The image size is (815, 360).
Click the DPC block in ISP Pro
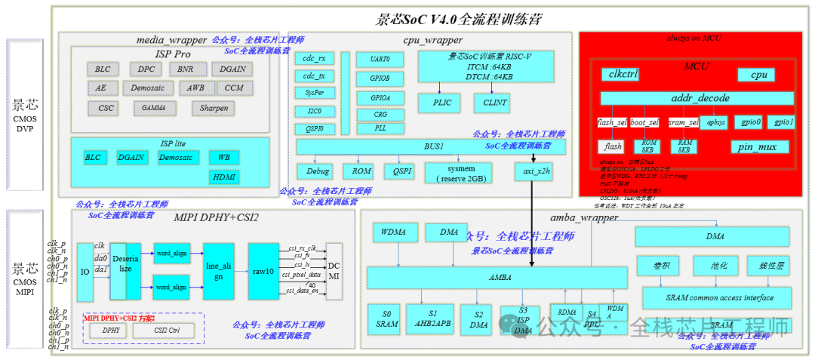tap(146, 69)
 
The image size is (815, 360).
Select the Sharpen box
tap(214, 108)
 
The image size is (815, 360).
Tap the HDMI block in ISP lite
tap(224, 177)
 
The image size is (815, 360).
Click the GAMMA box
tap(149, 108)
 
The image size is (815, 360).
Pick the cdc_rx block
tap(313, 59)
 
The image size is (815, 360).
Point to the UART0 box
tap(381, 59)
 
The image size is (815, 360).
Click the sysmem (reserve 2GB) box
tap(459, 173)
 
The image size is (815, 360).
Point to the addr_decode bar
tap(697, 99)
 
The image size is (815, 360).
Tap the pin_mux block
tap(759, 146)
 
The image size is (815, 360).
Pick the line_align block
tap(219, 271)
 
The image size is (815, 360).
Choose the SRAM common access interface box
tap(718, 297)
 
